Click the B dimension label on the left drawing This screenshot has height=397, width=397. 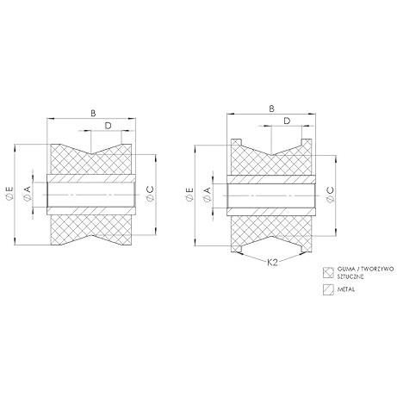click(x=93, y=114)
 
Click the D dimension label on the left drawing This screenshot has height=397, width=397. click(x=108, y=126)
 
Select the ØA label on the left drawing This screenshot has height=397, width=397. click(x=27, y=193)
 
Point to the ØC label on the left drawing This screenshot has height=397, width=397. click(x=150, y=194)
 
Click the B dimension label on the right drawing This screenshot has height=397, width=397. click(x=271, y=109)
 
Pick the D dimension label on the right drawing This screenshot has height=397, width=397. click(x=287, y=121)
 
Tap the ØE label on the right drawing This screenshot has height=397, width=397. click(x=189, y=195)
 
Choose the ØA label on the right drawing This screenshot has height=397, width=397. click(x=207, y=194)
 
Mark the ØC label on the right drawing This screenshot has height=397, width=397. click(x=330, y=195)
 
